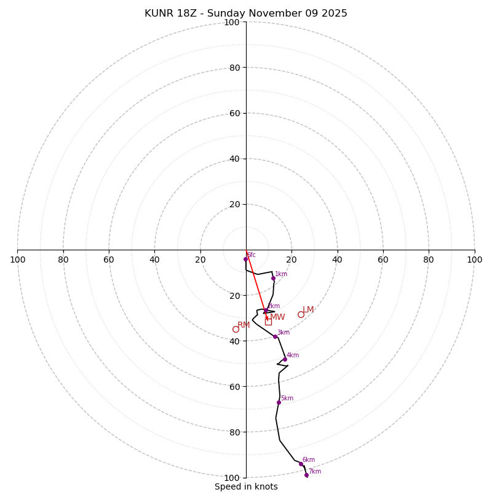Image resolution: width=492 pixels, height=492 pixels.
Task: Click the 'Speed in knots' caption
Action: click(246, 486)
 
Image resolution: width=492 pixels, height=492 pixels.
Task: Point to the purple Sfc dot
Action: click(245, 259)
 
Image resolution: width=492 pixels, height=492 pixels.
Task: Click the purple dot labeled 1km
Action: click(273, 278)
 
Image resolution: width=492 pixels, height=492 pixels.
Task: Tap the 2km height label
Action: click(273, 306)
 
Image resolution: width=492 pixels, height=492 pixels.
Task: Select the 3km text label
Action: click(283, 333)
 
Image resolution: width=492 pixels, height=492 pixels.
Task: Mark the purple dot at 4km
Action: click(285, 359)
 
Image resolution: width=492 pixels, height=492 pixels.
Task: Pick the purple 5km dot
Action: click(279, 402)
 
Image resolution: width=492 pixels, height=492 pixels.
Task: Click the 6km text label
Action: click(308, 459)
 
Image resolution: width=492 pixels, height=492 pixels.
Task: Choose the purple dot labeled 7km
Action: click(306, 475)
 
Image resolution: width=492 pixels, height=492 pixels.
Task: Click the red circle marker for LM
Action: click(301, 314)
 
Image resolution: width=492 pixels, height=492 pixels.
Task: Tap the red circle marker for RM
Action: click(236, 329)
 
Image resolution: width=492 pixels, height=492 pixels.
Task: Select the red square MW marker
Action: click(268, 322)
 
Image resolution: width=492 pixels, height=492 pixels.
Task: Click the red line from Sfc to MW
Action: click(256, 286)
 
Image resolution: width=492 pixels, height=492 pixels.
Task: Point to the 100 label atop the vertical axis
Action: click(231, 23)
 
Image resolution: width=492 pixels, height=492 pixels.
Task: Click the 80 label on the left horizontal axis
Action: click(63, 260)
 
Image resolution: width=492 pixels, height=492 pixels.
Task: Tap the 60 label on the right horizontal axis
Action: click(383, 260)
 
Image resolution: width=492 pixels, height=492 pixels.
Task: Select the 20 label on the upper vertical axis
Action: click(234, 204)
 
